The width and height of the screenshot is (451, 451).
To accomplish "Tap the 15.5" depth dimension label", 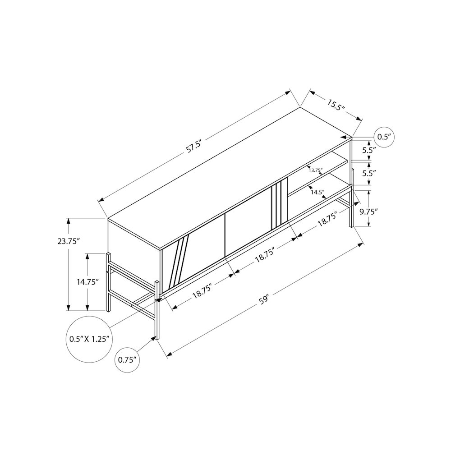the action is [336, 105].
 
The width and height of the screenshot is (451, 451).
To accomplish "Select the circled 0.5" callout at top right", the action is [384, 137].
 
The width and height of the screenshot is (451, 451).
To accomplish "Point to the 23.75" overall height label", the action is [68, 241].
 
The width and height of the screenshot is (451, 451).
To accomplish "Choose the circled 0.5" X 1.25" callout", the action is [89, 339].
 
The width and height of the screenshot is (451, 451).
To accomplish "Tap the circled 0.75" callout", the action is [127, 360].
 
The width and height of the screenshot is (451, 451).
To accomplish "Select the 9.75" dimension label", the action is [369, 212].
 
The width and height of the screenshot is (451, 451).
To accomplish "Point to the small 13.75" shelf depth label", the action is [316, 170].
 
